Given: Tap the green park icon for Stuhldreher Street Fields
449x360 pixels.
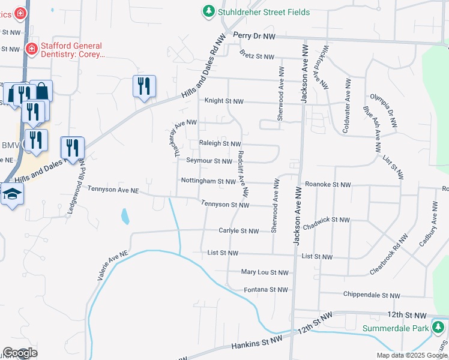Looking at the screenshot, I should click(x=208, y=11).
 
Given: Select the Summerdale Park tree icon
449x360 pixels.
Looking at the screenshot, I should click(x=439, y=327).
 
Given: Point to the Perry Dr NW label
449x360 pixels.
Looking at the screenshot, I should click(x=254, y=36).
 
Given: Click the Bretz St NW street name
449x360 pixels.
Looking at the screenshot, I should click(x=256, y=56).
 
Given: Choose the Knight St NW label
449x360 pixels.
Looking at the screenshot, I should click(x=224, y=101).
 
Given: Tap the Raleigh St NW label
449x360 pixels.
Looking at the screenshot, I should click(x=219, y=144).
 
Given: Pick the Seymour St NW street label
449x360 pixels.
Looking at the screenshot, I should click(x=209, y=161).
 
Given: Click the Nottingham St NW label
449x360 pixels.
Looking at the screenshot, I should click(x=208, y=181).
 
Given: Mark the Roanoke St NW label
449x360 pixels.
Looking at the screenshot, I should click(x=327, y=185).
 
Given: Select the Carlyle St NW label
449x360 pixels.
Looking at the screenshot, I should click(x=238, y=231).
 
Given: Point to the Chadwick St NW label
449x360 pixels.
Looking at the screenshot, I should click(x=326, y=220).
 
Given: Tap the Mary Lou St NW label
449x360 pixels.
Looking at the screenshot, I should click(x=265, y=272).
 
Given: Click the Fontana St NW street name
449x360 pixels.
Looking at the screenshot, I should click(x=267, y=289).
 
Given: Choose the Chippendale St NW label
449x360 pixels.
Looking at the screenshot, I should click(x=371, y=295).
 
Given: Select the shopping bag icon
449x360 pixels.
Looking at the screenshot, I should click(x=41, y=91).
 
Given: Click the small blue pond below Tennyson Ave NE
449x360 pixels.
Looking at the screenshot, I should click(x=124, y=216).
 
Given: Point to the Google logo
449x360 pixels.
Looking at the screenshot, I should click(x=20, y=353).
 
